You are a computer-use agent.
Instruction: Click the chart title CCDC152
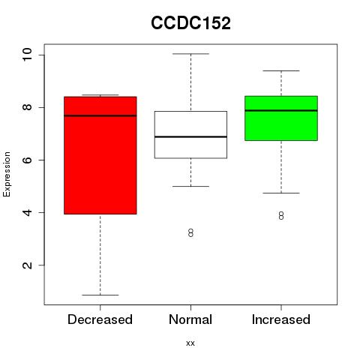pyautogui.click(x=190, y=23)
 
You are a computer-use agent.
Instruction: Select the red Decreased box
pyautogui.click(x=100, y=155)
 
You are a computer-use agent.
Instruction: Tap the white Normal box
pyautogui.click(x=190, y=135)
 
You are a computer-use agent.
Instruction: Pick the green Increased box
pyautogui.click(x=281, y=118)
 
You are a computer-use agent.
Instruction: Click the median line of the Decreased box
pyautogui.click(x=100, y=115)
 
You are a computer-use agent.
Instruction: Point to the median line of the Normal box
pyautogui.click(x=190, y=136)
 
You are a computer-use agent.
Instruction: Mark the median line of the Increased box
pyautogui.click(x=281, y=110)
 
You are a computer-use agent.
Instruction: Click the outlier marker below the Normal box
pyautogui.click(x=190, y=232)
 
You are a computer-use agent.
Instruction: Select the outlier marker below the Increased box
pyautogui.click(x=281, y=215)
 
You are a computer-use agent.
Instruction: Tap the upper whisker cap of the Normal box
pyautogui.click(x=190, y=54)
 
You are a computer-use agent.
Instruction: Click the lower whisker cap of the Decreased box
pyautogui.click(x=100, y=295)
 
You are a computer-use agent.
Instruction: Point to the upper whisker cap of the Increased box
pyautogui.click(x=281, y=70)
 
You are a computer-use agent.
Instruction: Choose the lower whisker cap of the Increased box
pyautogui.click(x=281, y=193)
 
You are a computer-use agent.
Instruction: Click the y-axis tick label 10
pyautogui.click(x=27, y=55)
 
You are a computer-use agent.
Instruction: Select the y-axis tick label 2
pyautogui.click(x=27, y=265)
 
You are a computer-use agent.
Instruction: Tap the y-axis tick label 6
pyautogui.click(x=27, y=160)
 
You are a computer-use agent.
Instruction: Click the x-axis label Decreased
pyautogui.click(x=100, y=319)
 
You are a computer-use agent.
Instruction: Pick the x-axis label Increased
pyautogui.click(x=281, y=319)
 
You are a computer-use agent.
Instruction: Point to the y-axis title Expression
pyautogui.click(x=7, y=175)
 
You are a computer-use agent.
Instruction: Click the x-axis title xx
pyautogui.click(x=190, y=343)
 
